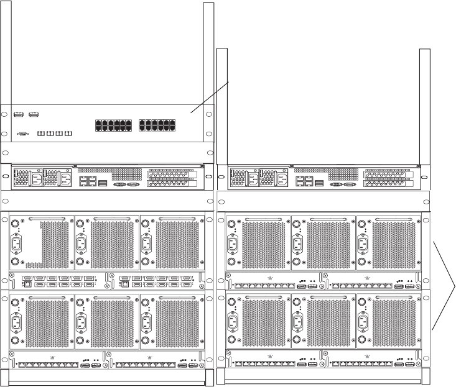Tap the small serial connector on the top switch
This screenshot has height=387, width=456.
[x=24, y=134]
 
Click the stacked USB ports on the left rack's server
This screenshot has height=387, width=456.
[x=103, y=184]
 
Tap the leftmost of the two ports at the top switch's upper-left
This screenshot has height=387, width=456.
[x=18, y=114]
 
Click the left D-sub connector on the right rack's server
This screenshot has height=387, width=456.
[x=336, y=184]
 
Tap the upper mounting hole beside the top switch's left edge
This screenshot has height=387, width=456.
[x=5, y=114]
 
